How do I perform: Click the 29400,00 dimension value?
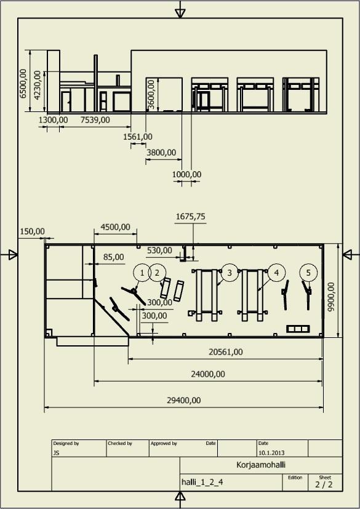[x=184, y=400]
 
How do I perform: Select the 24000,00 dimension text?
[x=208, y=374]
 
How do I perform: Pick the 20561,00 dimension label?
[x=226, y=352]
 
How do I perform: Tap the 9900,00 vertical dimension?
[x=331, y=297]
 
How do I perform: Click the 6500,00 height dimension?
[x=23, y=83]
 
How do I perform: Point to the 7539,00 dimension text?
[x=95, y=120]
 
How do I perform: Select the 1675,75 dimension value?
[x=191, y=217]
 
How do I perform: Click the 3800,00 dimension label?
[x=161, y=153]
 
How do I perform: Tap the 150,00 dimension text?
[x=33, y=231]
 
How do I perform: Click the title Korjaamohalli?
[x=261, y=465]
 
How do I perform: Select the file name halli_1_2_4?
[x=202, y=483]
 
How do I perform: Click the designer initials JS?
[x=56, y=453]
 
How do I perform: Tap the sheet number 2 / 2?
[x=324, y=484]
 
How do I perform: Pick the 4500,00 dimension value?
[x=115, y=227]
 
